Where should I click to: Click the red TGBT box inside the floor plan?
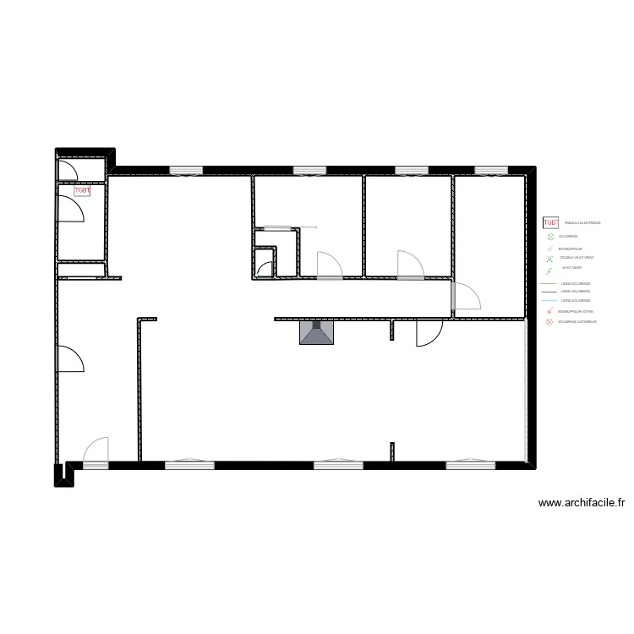pos(82,191)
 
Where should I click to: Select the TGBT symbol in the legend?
pos(550,222)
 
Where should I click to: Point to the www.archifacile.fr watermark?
pos(582,503)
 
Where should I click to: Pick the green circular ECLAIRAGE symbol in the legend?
pos(550,238)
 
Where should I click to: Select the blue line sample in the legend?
pos(549,301)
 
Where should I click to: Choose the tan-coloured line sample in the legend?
pos(549,284)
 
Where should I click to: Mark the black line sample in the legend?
pos(549,292)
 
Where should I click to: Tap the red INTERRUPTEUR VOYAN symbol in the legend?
pos(550,311)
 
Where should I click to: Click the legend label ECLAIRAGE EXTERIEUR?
pos(577,322)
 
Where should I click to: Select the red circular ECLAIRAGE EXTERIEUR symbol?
pos(550,322)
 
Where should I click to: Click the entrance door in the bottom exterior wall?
pos(96,451)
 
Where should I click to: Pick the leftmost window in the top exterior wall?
pos(186,170)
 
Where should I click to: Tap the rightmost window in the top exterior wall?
pos(490,170)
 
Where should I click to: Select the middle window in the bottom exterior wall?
pos(338,463)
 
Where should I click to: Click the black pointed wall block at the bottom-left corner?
pos(64,475)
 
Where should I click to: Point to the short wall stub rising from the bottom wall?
pos(391,451)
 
